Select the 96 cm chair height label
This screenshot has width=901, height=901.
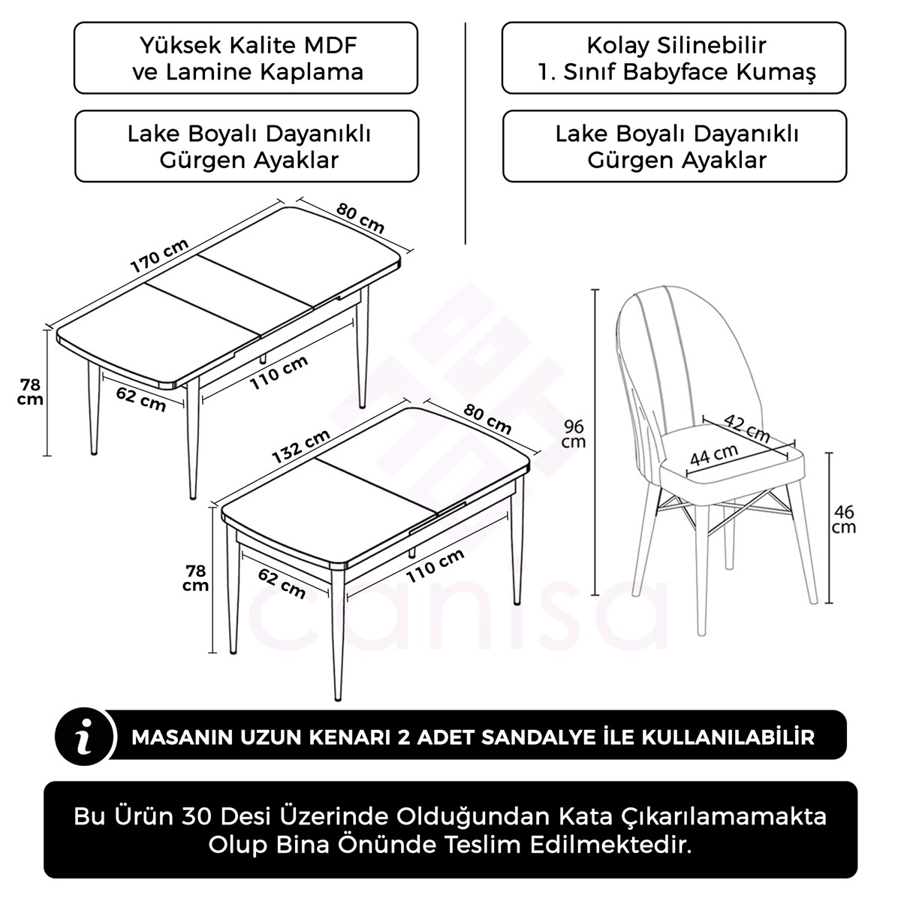pyautogui.click(x=574, y=434)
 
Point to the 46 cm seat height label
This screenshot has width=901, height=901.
pyautogui.click(x=844, y=519)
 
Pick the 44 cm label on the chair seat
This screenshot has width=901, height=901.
pyautogui.click(x=713, y=454)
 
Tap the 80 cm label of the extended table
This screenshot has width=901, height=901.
pyautogui.click(x=360, y=218)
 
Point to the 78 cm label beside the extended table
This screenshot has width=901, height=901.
pyautogui.click(x=30, y=391)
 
